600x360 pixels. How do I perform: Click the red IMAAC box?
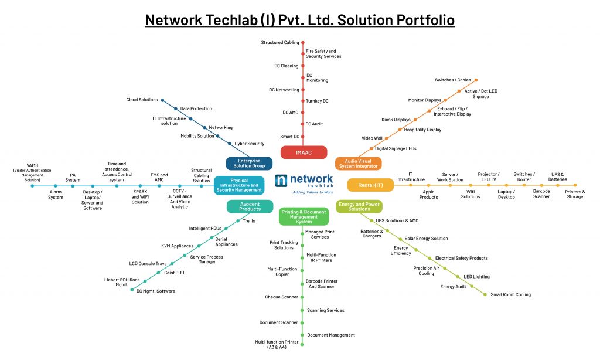pyautogui.click(x=303, y=153)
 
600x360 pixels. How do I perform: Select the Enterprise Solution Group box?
pyautogui.click(x=249, y=163)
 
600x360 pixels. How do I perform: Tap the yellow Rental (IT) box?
pyautogui.click(x=370, y=185)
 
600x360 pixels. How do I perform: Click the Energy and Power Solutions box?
pyautogui.click(x=359, y=206)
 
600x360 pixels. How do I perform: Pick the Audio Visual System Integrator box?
pyautogui.click(x=357, y=164)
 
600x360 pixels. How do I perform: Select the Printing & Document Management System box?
pyautogui.click(x=303, y=218)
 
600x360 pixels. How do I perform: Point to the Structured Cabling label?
pyautogui.click(x=279, y=43)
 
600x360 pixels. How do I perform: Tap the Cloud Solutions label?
pyautogui.click(x=142, y=100)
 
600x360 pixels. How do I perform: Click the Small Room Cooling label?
pyautogui.click(x=510, y=294)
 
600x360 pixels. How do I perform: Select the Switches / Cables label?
pyautogui.click(x=453, y=80)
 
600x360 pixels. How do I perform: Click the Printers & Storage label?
pyautogui.click(x=574, y=194)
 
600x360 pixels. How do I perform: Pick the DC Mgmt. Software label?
pyautogui.click(x=155, y=291)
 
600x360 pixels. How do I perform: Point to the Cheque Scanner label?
pyautogui.click(x=281, y=297)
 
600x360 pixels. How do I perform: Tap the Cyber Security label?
pyautogui.click(x=249, y=144)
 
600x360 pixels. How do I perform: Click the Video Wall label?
pyautogui.click(x=371, y=138)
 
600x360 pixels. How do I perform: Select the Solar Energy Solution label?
pyautogui.click(x=426, y=239)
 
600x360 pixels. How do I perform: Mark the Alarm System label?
pyautogui.click(x=55, y=194)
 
